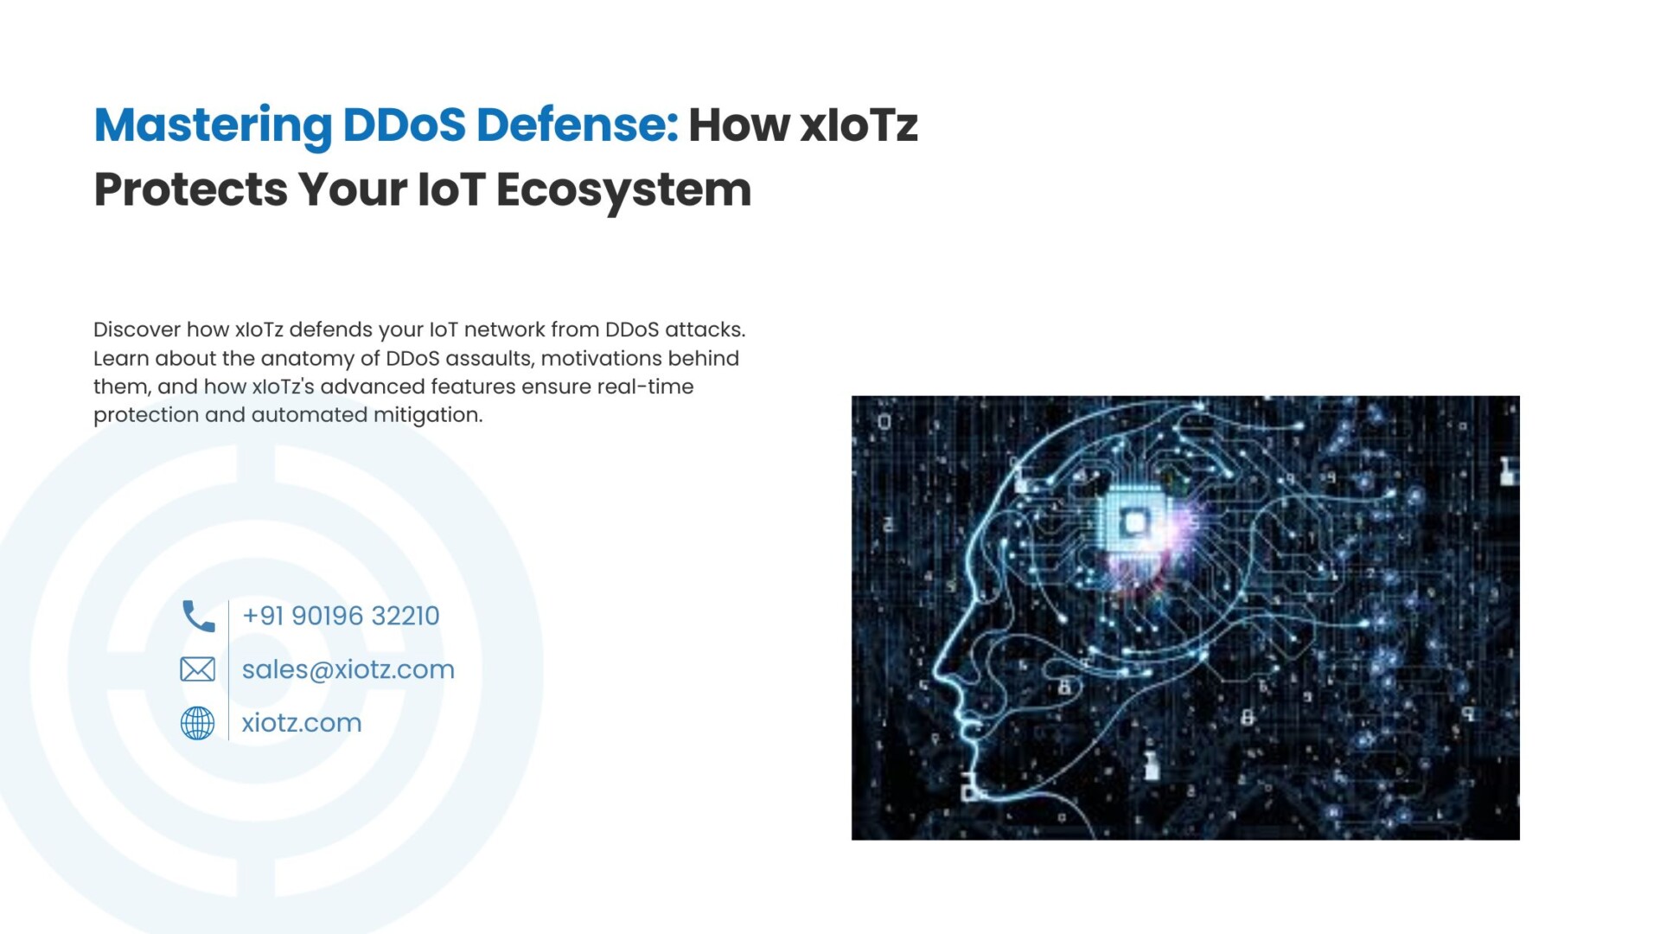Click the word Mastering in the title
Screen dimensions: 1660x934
point(213,126)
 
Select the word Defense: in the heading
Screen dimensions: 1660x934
point(578,125)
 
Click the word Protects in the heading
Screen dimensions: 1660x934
point(190,190)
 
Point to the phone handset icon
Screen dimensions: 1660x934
point(198,616)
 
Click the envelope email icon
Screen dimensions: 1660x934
point(197,669)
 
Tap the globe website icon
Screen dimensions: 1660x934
point(197,723)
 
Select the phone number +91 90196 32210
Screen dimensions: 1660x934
point(341,616)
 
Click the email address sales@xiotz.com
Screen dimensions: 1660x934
point(348,669)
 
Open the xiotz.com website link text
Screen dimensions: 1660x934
point(302,723)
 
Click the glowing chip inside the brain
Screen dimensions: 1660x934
point(1133,522)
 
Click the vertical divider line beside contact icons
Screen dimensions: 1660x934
point(228,670)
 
